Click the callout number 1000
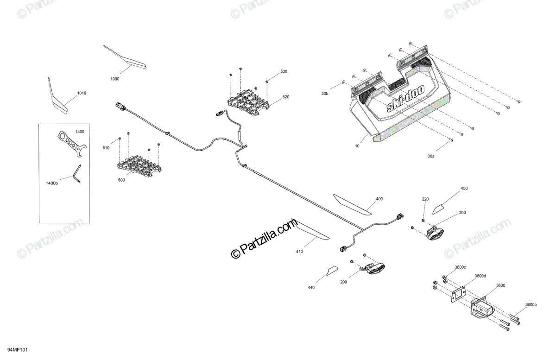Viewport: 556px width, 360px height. point(115,79)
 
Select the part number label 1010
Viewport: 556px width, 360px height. point(82,93)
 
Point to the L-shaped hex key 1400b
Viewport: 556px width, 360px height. point(77,174)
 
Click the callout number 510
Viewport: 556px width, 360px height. point(106,148)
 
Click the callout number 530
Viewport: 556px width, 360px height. point(284,71)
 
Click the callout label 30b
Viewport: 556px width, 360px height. point(325,94)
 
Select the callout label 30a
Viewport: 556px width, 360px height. point(431,157)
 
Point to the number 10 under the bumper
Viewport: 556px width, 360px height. point(357,146)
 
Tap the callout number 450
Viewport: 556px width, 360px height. point(464,189)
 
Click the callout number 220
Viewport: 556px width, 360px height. point(425,199)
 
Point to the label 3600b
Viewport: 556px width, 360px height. point(531,304)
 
